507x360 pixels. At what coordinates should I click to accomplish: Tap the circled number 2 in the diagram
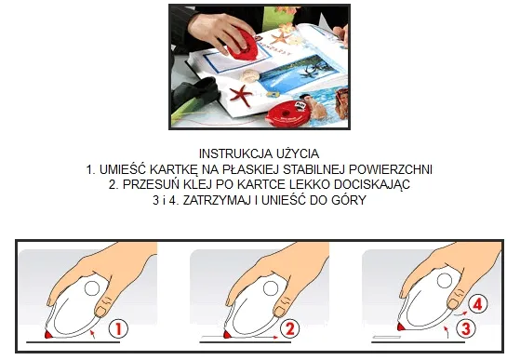[x=289, y=327]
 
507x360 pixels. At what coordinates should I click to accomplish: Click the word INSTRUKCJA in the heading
[x=232, y=153]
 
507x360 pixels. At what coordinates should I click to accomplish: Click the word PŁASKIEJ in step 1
[x=277, y=169]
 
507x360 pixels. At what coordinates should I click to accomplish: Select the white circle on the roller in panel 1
[x=93, y=289]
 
